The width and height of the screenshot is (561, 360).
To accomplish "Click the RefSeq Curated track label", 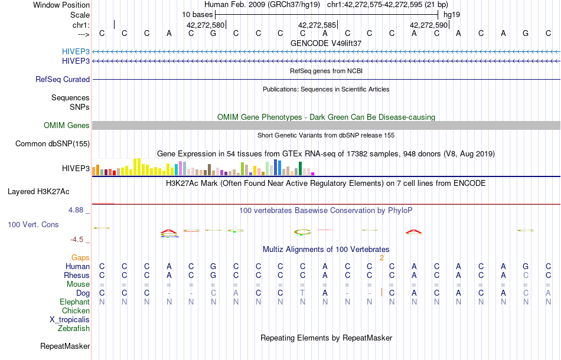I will [63, 80].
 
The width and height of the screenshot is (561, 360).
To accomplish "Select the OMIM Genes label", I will [67, 126].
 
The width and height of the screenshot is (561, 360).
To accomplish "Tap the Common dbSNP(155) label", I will [53, 144].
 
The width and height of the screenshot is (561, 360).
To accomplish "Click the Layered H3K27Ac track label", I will [38, 192].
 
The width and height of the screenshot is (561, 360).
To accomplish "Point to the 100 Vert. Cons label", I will [33, 225].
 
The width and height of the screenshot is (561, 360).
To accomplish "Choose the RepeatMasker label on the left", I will [65, 346].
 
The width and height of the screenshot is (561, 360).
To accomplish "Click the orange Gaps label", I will [80, 258].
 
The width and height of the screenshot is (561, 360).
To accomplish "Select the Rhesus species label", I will [77, 276].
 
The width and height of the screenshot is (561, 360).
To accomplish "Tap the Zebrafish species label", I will [74, 329].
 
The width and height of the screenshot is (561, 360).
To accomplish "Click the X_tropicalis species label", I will [70, 320].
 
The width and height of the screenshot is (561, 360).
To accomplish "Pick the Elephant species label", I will [75, 302].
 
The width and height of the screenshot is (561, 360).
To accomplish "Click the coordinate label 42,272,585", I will [317, 25].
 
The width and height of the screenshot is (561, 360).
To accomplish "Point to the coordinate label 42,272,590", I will [429, 25].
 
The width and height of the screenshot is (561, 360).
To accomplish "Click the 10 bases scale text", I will [197, 14].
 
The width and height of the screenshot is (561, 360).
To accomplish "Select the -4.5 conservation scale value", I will [78, 240].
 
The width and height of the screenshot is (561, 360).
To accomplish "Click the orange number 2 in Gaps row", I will [381, 258].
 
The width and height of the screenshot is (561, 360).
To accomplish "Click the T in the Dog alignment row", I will [302, 293].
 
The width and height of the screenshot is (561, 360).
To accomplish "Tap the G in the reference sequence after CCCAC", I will [213, 34].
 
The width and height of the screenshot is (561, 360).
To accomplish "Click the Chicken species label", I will [76, 311].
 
